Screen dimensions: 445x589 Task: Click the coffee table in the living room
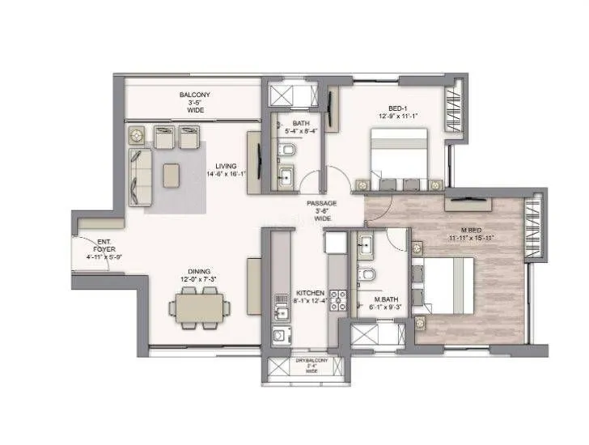coord(172,175)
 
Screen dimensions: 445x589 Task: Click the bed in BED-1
coord(400,160)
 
